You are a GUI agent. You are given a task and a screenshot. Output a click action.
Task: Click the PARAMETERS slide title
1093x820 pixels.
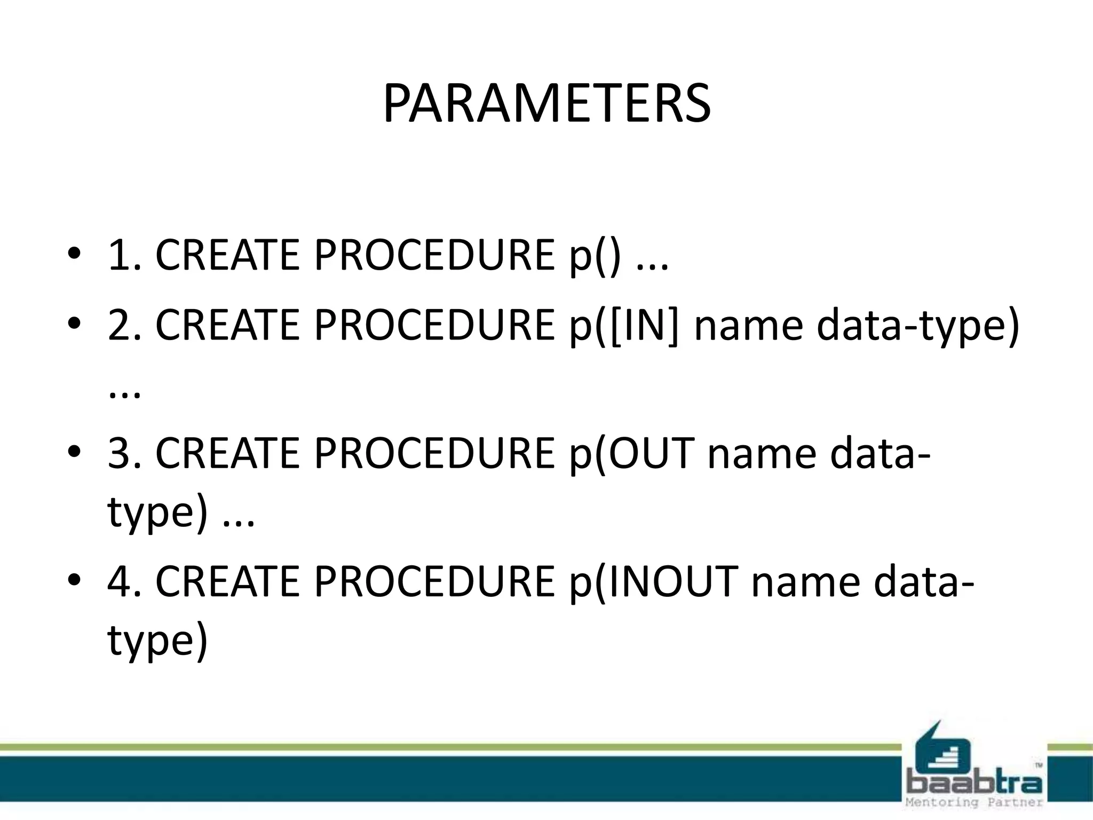coord(546,104)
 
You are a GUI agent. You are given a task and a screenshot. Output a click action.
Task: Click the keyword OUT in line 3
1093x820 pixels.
coord(651,453)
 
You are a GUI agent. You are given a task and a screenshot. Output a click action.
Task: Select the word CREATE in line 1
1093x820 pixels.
coord(227,255)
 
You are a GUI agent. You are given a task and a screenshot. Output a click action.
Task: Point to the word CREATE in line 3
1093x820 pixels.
coord(227,453)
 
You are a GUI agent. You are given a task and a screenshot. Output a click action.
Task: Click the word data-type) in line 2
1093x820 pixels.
coord(918,326)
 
